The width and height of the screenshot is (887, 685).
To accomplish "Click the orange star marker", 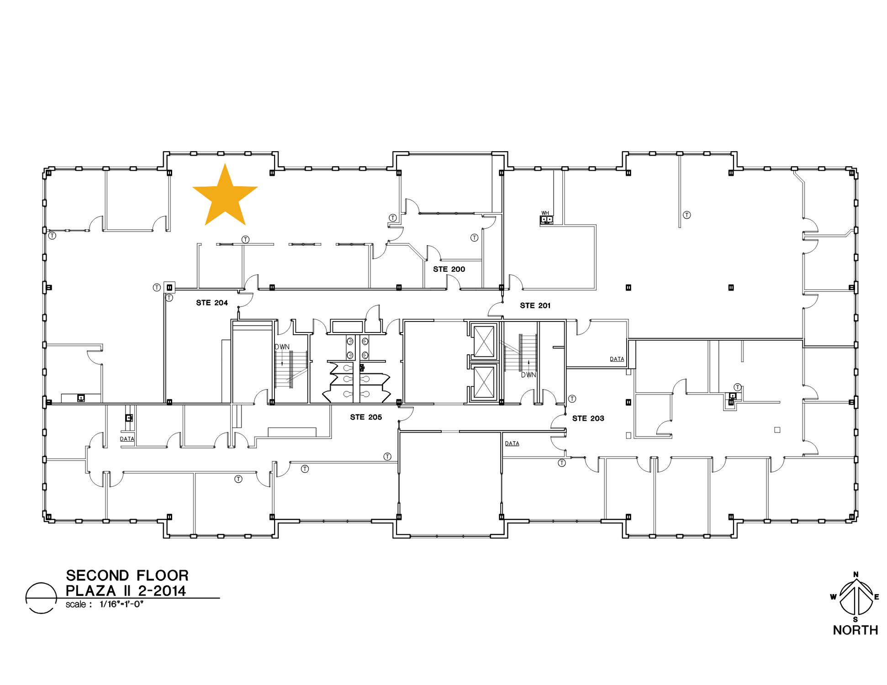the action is click(225, 196).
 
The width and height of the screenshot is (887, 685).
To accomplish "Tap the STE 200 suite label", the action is click(449, 269).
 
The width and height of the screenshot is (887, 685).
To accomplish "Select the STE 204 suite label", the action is click(212, 303).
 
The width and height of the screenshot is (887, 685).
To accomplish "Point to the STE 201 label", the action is click(535, 306).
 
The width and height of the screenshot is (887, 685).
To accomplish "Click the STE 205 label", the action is click(366, 417).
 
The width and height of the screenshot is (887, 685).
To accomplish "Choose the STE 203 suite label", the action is click(588, 418).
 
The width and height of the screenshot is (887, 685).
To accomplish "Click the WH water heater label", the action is click(545, 213).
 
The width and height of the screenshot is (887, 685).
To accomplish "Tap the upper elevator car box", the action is click(484, 341).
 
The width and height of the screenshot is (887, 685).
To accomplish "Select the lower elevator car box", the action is click(484, 382).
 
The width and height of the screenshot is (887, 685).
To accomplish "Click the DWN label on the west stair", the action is click(282, 347).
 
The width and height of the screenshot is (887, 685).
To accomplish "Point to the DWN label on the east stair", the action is click(528, 375).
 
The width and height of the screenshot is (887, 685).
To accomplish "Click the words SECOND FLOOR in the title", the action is click(127, 575).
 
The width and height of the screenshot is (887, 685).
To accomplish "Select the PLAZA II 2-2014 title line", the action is click(126, 591).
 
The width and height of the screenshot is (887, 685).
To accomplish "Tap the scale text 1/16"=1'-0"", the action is click(121, 604).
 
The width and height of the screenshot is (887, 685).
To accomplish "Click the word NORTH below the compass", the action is click(855, 630).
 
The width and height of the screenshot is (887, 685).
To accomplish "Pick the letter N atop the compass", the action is click(856, 574).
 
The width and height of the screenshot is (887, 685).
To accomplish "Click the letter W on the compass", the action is click(834, 597).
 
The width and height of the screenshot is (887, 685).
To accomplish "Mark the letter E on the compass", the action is click(876, 597).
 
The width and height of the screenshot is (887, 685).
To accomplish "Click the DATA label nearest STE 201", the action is click(617, 359).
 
